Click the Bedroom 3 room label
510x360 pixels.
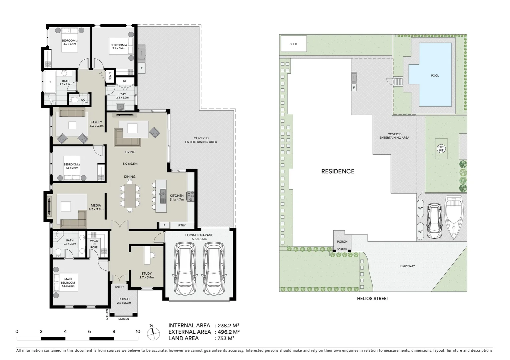tap(69, 41)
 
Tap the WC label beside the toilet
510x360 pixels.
tap(83, 100)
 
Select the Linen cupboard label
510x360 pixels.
tap(110, 76)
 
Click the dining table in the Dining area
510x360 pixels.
tap(130, 196)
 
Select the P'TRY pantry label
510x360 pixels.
tap(182, 226)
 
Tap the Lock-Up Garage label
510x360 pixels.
tap(199, 235)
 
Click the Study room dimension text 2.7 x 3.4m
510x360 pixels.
tap(146, 277)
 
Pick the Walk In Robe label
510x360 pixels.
tap(94, 244)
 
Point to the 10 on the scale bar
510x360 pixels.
tap(138, 332)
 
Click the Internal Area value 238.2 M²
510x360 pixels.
tap(228, 326)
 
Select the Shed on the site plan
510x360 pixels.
tap(294, 44)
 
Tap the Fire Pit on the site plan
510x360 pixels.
tap(441, 149)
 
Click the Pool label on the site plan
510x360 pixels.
tap(435, 76)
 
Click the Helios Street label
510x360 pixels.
tap(373, 299)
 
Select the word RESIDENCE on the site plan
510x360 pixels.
tap(338, 171)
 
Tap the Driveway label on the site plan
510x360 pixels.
tap(408, 266)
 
